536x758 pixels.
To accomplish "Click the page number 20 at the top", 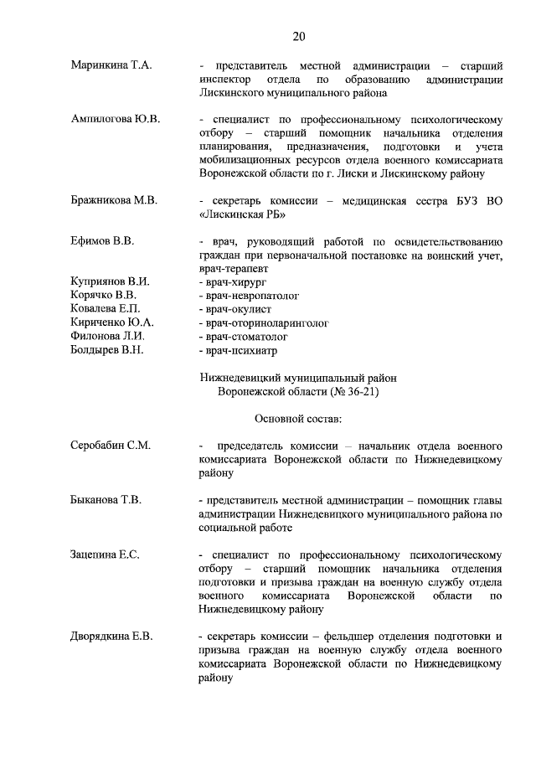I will pyautogui.click(x=298, y=35).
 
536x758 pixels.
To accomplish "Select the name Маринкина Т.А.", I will pyautogui.click(x=111, y=65).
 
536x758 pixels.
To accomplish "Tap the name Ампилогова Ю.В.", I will pyautogui.click(x=115, y=119).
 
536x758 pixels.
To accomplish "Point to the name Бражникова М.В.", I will pyautogui.click(x=114, y=200).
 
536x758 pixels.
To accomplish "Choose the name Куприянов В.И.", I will pyautogui.click(x=110, y=281).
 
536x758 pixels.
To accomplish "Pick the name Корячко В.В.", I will pyautogui.click(x=104, y=295).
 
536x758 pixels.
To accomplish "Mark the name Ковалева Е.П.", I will pyautogui.click(x=105, y=308).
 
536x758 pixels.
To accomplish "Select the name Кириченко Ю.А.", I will pyautogui.click(x=111, y=322).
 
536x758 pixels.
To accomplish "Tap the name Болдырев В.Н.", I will pyautogui.click(x=107, y=349).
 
